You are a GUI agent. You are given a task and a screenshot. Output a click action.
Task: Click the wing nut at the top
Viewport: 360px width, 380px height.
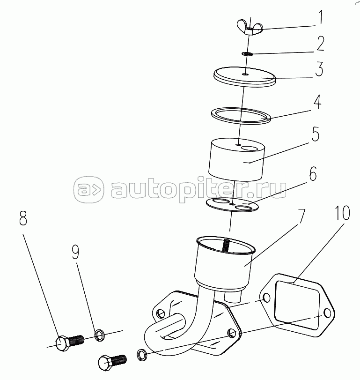[250, 28]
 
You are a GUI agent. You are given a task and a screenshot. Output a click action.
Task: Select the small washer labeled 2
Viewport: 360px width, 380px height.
[247, 53]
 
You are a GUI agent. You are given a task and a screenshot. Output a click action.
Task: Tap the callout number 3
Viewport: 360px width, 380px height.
[319, 69]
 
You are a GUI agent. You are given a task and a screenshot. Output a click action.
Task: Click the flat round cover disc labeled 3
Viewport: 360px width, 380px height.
[245, 76]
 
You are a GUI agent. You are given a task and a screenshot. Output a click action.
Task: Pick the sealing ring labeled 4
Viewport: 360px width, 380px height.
[241, 116]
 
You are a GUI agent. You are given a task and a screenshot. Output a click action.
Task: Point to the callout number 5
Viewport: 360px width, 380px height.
[316, 134]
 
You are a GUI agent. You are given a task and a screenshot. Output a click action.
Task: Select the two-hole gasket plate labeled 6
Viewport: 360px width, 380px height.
[232, 204]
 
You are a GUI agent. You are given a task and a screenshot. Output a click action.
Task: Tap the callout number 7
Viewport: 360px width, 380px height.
[301, 216]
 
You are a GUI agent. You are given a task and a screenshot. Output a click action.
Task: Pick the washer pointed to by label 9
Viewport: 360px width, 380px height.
[100, 335]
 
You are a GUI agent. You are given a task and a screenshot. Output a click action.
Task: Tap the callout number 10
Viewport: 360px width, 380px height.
[342, 213]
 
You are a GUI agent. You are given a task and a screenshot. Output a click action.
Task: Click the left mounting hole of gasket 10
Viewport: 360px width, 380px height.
[266, 298]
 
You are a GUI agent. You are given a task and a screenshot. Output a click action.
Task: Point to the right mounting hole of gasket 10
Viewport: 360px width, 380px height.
[327, 313]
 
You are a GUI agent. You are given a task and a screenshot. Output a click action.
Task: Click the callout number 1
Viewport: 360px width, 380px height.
[320, 17]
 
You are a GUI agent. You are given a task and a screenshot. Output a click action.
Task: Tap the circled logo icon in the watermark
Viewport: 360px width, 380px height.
[89, 189]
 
